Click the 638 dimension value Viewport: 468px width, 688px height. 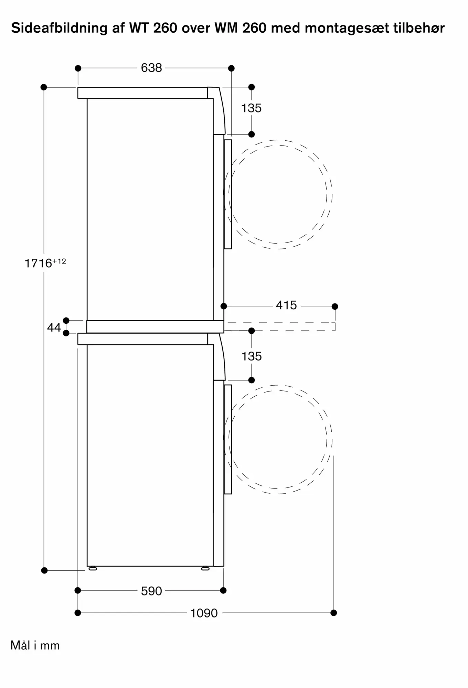151,68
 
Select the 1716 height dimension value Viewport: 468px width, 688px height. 39,264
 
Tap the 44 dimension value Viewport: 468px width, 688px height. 54,327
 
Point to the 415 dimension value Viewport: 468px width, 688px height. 286,305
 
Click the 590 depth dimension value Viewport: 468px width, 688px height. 151,591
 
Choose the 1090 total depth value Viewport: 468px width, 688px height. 204,613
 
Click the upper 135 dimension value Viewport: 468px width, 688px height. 251,108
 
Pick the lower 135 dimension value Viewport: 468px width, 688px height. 251,356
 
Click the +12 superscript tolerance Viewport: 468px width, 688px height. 59,261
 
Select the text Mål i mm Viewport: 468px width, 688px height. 35,645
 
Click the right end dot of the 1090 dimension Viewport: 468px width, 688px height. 333,613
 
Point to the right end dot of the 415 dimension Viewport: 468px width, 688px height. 335,307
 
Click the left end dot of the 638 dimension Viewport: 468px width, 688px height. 78,68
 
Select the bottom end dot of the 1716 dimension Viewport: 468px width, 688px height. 44,570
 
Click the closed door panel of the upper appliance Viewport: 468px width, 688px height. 228,194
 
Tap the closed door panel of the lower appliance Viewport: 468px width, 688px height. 228,439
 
